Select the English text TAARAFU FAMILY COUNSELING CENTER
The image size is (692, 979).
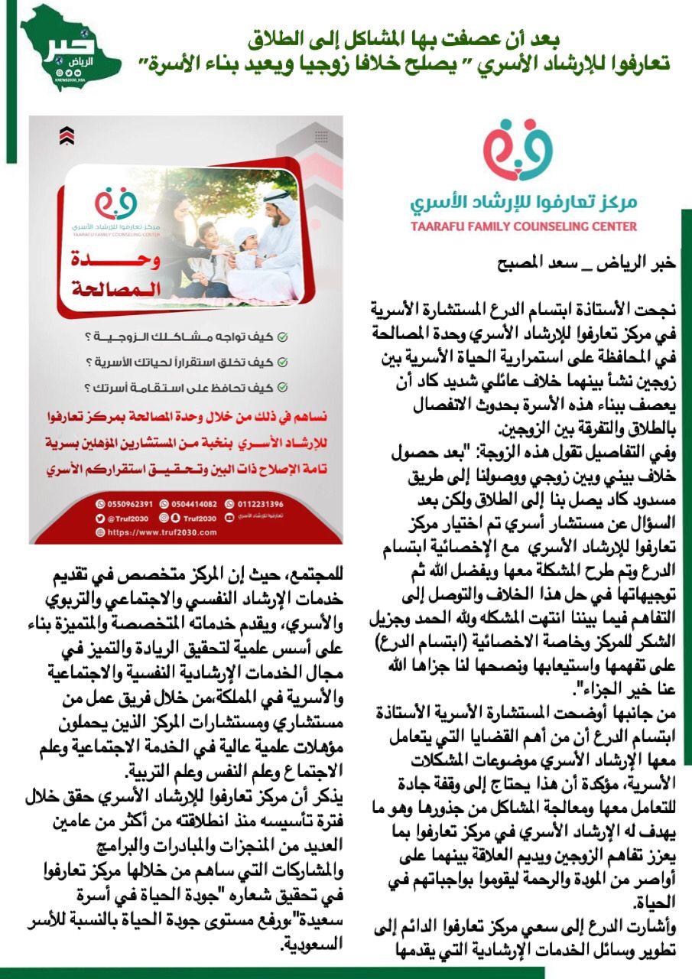coord(523,226)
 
